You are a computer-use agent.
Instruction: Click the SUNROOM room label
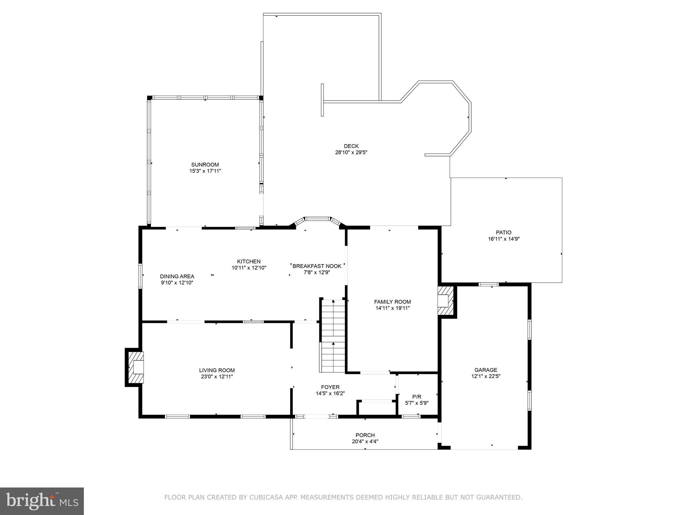point(205,165)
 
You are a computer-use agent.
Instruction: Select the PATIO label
point(504,232)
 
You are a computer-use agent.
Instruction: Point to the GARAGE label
point(486,370)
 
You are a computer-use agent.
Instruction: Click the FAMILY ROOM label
point(392,302)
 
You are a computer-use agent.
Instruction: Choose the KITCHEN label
point(249,262)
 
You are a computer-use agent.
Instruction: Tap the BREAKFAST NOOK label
point(317,266)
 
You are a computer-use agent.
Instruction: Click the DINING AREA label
point(177,276)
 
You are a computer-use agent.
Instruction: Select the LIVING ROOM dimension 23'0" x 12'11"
point(217,377)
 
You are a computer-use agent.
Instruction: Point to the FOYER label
point(330,387)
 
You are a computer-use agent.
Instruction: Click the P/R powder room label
point(417,397)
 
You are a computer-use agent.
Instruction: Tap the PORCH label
point(365,435)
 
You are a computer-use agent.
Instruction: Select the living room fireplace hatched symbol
point(136,367)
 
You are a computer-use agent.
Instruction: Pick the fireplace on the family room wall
point(445,300)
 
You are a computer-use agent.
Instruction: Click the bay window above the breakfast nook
point(317,219)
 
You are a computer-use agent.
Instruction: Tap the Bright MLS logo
point(42,501)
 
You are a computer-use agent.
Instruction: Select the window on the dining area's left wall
point(141,276)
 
